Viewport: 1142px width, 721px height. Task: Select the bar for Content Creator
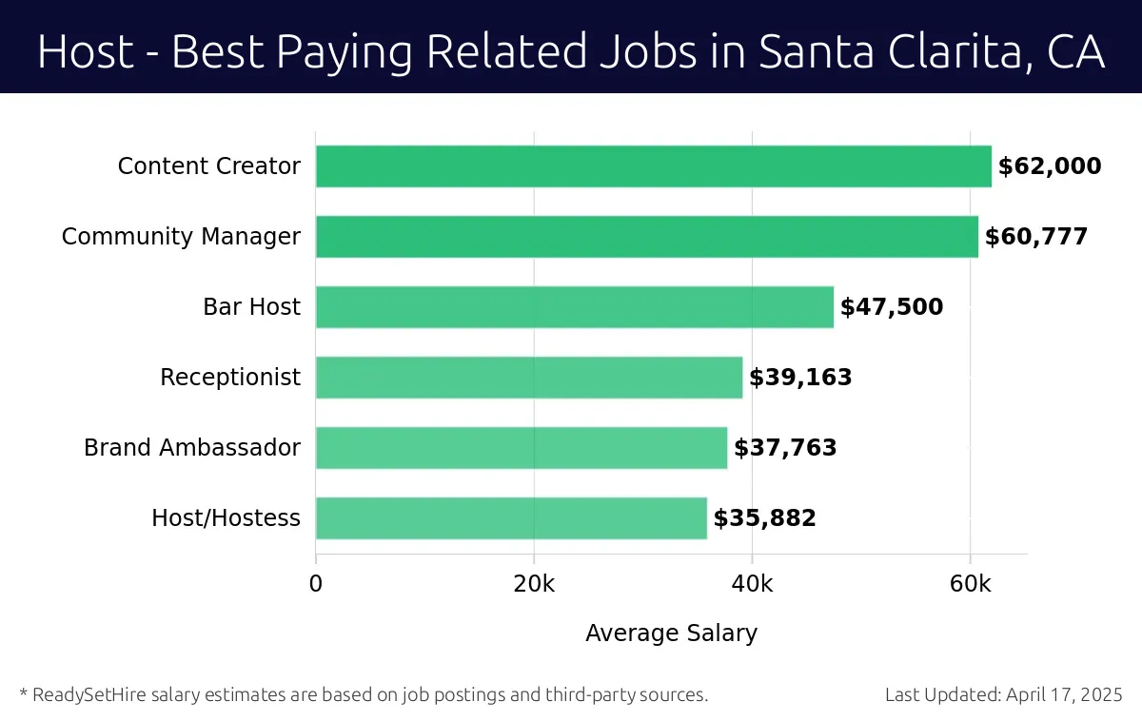pos(653,166)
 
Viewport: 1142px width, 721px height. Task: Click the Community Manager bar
pos(646,237)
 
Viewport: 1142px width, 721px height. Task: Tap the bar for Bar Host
pos(574,307)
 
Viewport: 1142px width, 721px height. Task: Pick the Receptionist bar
pos(528,378)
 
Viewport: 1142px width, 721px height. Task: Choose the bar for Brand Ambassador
pos(521,448)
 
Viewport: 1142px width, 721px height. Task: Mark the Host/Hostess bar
pos(511,518)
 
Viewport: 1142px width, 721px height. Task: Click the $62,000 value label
pos(1050,167)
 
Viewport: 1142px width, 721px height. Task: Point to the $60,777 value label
pos(1036,238)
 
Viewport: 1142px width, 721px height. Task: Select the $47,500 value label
pos(892,308)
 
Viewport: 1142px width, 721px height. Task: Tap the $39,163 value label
pos(800,379)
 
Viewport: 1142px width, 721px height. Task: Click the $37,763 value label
pos(785,449)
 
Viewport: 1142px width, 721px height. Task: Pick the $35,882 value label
pos(765,519)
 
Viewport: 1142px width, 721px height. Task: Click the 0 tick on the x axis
pos(316,584)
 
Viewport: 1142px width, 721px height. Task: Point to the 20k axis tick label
pos(534,584)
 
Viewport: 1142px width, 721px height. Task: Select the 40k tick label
pos(752,584)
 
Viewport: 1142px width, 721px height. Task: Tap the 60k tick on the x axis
pos(970,584)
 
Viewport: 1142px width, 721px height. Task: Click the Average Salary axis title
pos(671,633)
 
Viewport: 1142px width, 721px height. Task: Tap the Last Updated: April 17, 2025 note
pos(1003,695)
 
